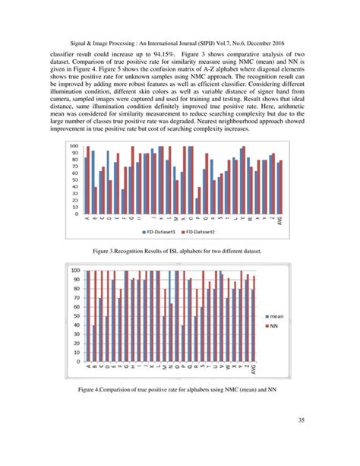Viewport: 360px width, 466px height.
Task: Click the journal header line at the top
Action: tap(179, 46)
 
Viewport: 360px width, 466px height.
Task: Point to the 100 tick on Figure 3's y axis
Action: tap(74, 146)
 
